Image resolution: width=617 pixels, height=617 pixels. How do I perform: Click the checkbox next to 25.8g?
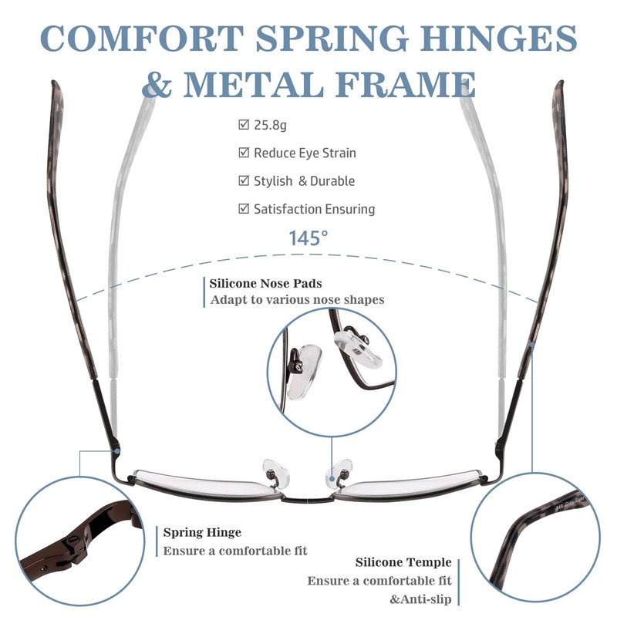point(244,124)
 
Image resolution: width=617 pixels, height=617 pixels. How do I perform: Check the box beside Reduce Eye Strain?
point(244,153)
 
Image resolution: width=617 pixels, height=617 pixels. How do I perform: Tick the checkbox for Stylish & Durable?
point(244,180)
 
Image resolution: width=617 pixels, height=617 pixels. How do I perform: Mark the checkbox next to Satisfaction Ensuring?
point(244,208)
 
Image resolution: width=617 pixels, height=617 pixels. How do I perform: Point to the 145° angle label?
point(308,238)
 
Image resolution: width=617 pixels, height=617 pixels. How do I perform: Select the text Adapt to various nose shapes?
point(297,300)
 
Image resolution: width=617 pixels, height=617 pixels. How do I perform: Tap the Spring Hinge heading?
point(202,532)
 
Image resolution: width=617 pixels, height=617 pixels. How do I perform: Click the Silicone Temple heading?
point(403,563)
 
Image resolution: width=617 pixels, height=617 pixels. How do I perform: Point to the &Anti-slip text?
point(420,599)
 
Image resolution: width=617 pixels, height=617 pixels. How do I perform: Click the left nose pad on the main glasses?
point(272,468)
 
